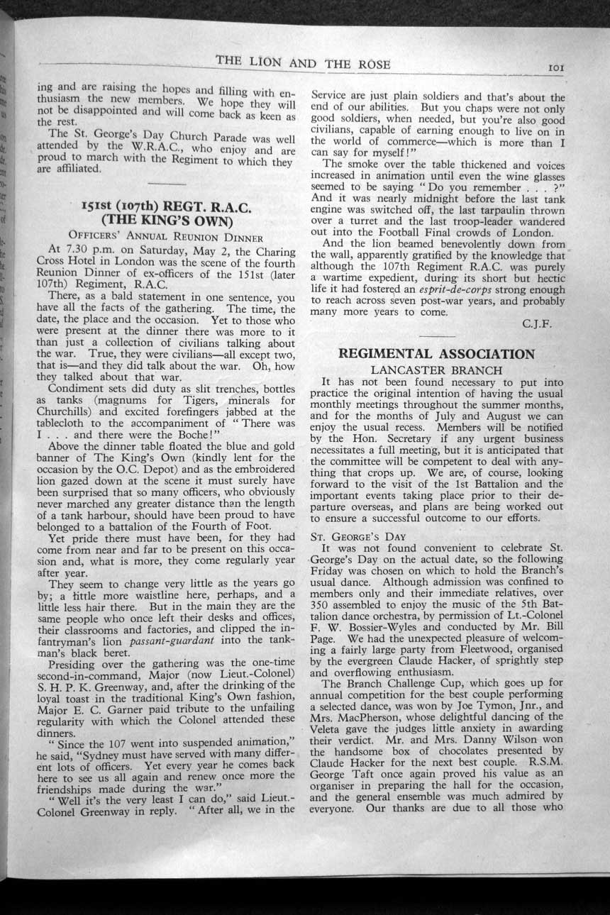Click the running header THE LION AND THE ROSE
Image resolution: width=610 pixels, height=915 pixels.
(303, 63)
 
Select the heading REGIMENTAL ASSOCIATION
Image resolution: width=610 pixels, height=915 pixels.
(436, 354)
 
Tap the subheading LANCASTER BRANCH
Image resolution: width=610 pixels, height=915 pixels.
(436, 370)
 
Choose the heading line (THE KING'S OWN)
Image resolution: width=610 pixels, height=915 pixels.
(167, 219)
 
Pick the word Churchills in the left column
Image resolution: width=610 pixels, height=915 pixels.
(70, 411)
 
